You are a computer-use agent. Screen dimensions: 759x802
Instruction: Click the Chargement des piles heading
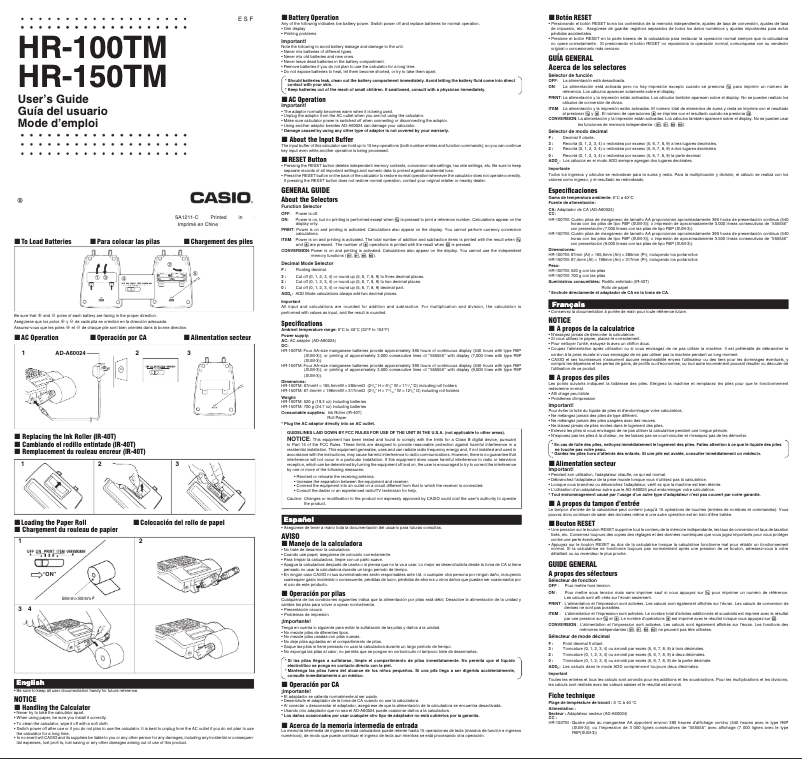(227, 242)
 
